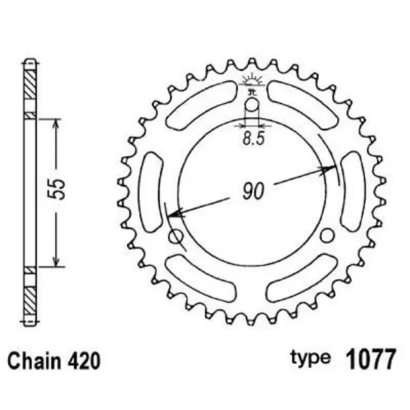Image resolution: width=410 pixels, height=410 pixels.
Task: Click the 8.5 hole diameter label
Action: pos(251,138)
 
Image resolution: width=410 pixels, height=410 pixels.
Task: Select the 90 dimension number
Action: pos(253,193)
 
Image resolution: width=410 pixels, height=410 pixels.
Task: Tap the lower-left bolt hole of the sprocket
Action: pos(176,236)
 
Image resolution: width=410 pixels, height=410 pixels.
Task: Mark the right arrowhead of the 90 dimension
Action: pos(331,170)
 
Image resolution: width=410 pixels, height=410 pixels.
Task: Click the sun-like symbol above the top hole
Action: pos(251,80)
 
